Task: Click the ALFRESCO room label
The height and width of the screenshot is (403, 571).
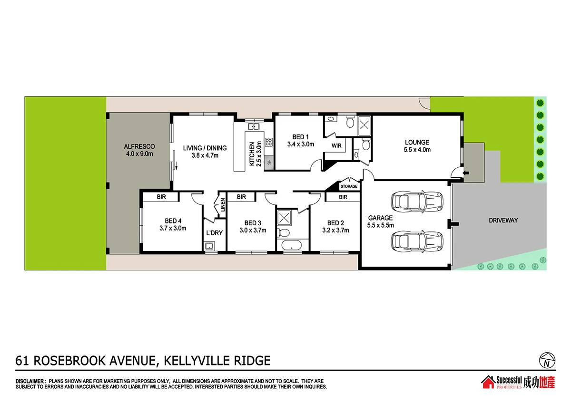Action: (139, 146)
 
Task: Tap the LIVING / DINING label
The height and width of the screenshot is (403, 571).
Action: (205, 148)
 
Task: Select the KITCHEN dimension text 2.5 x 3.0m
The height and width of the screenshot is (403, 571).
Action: (259, 153)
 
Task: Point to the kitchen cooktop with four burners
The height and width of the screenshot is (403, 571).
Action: (268, 141)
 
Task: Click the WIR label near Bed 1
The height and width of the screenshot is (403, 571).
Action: (336, 145)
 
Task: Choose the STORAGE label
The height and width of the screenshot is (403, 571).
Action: (349, 186)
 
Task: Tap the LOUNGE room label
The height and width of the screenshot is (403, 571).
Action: (417, 142)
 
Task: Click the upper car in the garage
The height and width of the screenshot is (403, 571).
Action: (417, 201)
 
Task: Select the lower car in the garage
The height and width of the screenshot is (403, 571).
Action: (417, 240)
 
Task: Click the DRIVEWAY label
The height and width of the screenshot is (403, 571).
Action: (503, 220)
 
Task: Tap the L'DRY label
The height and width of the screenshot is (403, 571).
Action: (214, 233)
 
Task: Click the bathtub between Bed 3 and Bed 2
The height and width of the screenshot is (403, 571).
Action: (291, 245)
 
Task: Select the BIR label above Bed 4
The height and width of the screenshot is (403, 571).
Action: (160, 197)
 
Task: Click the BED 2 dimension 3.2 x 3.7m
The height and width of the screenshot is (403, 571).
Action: (335, 230)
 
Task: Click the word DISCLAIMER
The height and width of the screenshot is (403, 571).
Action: (31, 381)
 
